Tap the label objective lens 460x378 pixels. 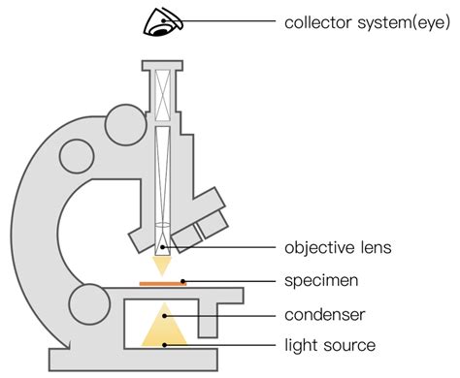click(338, 247)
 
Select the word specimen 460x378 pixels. click(323, 281)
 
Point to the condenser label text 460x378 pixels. click(324, 314)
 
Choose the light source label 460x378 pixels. click(330, 344)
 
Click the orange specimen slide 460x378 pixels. click(162, 283)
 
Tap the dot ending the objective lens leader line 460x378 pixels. click(163, 247)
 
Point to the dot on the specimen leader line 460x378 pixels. click(182, 282)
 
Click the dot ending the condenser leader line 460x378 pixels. click(165, 314)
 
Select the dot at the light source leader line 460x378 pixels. click(165, 344)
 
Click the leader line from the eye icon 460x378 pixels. click(223, 21)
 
